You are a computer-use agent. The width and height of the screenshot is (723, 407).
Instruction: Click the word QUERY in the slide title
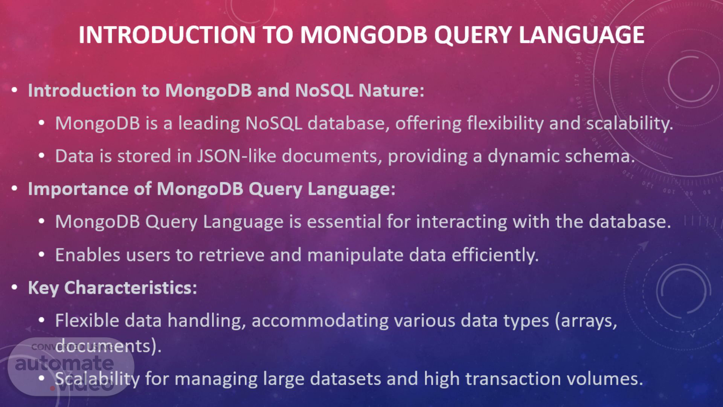click(473, 35)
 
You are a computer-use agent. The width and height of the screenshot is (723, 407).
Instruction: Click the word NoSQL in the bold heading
click(324, 90)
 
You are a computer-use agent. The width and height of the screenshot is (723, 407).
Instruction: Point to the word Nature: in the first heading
click(392, 90)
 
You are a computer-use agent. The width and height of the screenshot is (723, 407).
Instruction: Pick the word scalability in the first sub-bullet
click(630, 124)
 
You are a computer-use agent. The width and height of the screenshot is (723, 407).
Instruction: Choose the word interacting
click(462, 222)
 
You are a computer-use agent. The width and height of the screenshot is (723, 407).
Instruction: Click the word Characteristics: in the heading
click(131, 288)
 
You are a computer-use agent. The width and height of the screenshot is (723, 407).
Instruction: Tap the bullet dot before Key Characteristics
click(14, 288)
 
